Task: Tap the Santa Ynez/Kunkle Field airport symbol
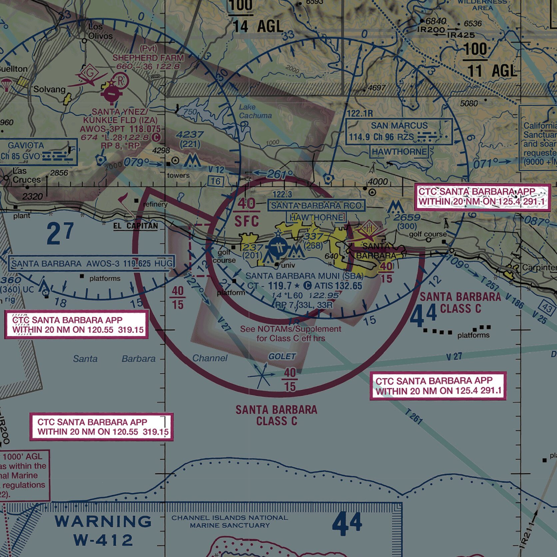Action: (111, 93)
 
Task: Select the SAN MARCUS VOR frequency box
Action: (399, 132)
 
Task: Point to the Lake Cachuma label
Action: (255, 111)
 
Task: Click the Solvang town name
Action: (49, 89)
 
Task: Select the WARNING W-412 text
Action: (103, 530)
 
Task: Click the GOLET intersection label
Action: (282, 356)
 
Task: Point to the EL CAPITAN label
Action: (136, 226)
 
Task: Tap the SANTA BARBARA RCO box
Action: (316, 206)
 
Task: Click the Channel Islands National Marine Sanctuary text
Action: (230, 521)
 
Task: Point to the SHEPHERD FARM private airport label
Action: (148, 58)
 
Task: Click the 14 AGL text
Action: (258, 26)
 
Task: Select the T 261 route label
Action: (414, 416)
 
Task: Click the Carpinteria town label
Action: (539, 268)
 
